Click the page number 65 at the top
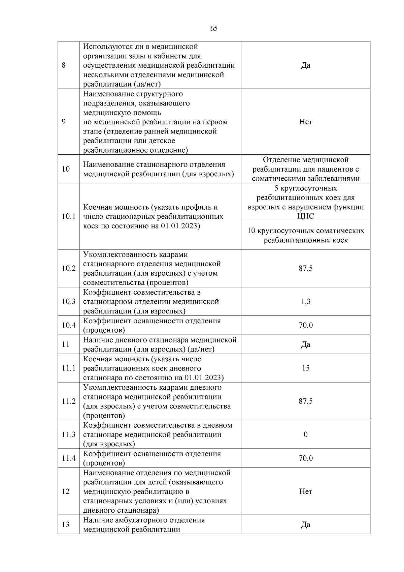pos(214,28)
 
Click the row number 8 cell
pos(64,65)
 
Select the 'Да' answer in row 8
pos(305,65)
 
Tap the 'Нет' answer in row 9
pos(305,122)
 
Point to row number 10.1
pos(68,216)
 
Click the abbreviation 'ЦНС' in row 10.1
pos(305,216)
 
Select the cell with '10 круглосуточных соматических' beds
pos(305,235)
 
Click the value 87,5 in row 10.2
pos(305,268)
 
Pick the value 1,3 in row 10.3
pos(305,301)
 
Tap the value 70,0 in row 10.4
pos(305,325)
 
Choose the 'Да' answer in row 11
pos(305,344)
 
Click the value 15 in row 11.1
pos(305,368)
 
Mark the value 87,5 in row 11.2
pos(305,401)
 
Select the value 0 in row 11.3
pos(305,434)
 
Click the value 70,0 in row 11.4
pos(305,458)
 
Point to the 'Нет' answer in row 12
pos(305,491)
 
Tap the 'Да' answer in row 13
pos(305,525)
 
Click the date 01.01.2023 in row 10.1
pos(180,226)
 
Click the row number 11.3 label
pos(68,434)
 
